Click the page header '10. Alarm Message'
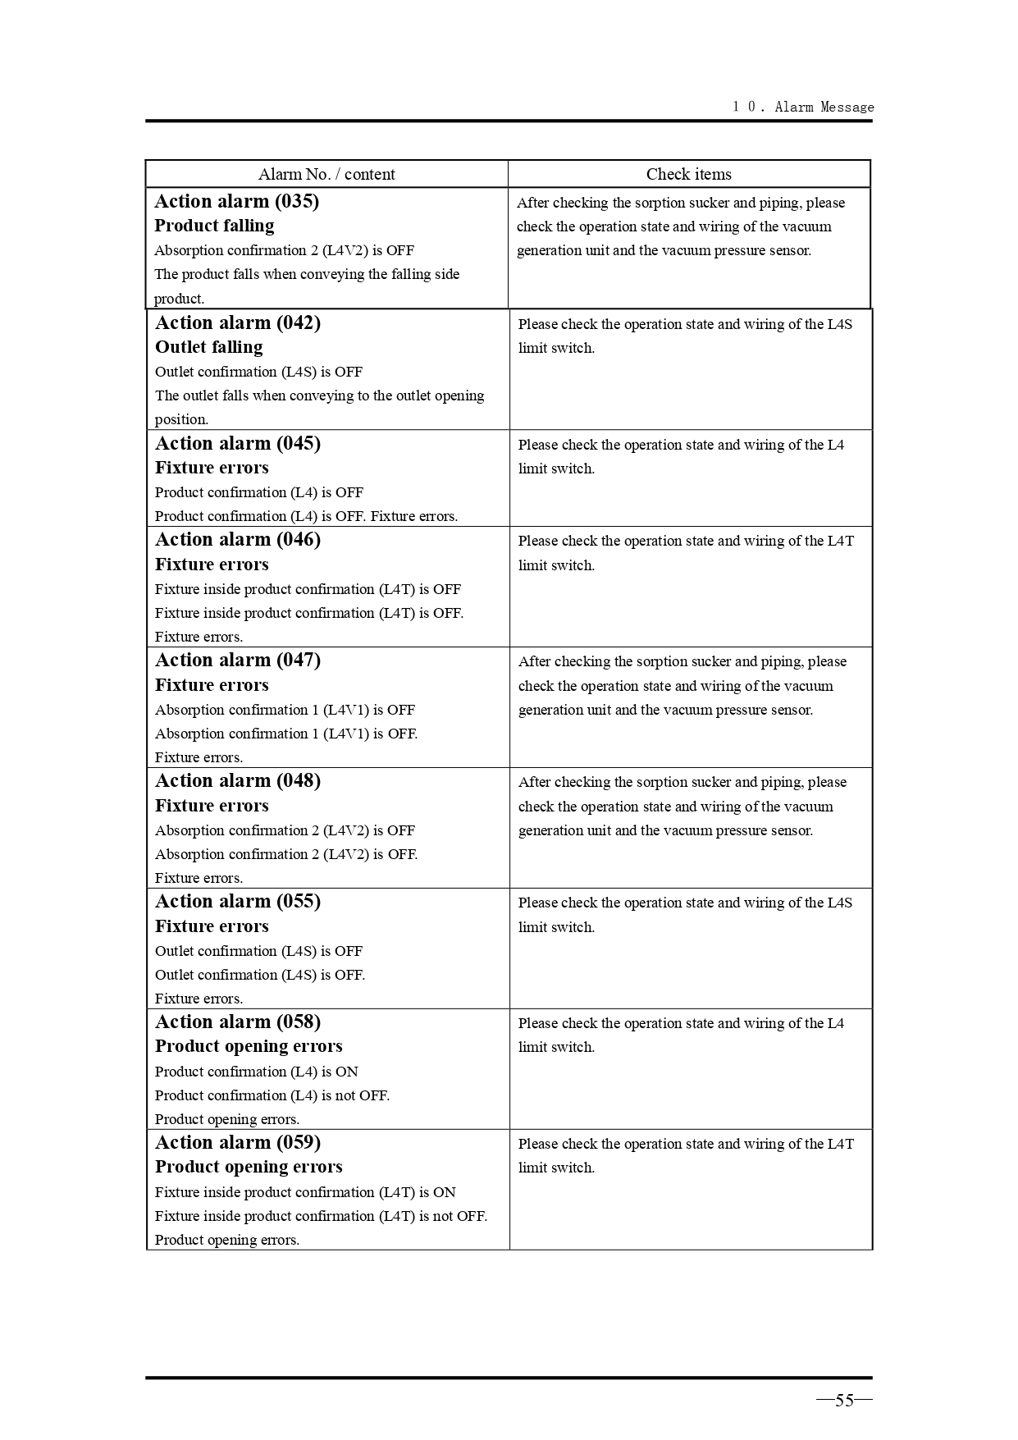[803, 107]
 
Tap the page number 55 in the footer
[844, 1401]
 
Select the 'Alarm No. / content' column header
[326, 174]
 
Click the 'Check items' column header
[688, 174]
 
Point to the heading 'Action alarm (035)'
[237, 202]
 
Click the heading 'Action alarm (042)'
[238, 323]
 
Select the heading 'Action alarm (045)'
[238, 444]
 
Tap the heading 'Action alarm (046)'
[238, 540]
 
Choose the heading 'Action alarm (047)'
[238, 661]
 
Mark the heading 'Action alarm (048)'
[238, 781]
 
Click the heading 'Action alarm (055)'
[238, 902]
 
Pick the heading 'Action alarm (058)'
[238, 1022]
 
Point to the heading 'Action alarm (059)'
[238, 1143]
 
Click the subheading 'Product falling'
[214, 226]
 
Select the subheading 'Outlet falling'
[209, 347]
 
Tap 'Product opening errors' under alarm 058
[249, 1046]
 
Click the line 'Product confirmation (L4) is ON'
[257, 1072]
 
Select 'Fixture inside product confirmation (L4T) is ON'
[305, 1192]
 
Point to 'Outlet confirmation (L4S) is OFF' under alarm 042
[258, 372]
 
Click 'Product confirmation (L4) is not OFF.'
[272, 1095]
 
